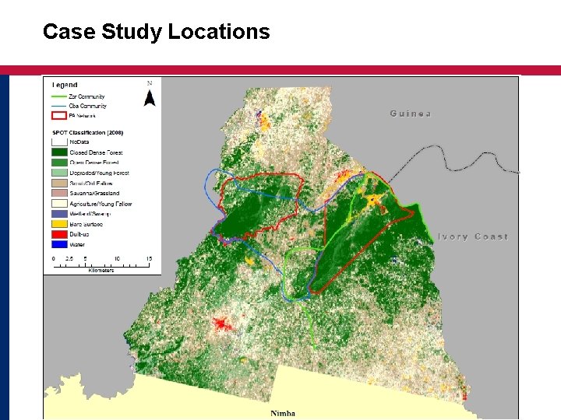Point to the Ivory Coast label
(472, 236)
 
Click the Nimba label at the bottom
(282, 413)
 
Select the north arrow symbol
(150, 96)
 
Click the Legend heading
(65, 85)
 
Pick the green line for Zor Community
(60, 96)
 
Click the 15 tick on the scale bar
(148, 257)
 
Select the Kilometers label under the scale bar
(100, 270)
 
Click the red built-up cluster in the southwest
(224, 324)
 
